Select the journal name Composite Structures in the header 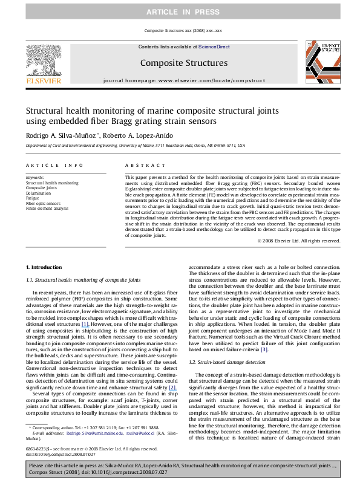click(x=180, y=62)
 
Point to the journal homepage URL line click(x=180, y=80)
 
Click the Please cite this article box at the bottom click(x=180, y=468)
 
